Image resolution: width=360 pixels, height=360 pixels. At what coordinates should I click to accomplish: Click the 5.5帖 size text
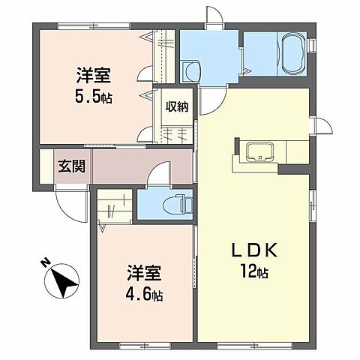click(x=94, y=97)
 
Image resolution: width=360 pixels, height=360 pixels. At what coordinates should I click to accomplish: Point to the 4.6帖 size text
click(x=145, y=295)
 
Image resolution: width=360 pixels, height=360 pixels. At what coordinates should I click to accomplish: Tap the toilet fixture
click(x=178, y=202)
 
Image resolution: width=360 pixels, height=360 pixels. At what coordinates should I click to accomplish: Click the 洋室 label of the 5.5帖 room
click(x=94, y=75)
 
